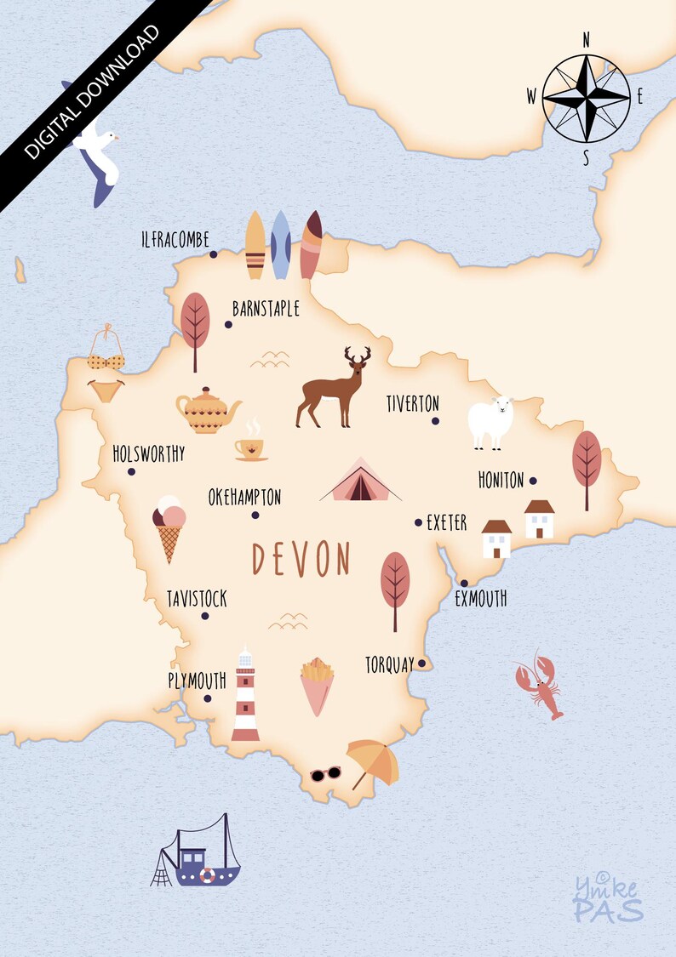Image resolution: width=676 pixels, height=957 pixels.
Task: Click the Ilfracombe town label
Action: click(x=175, y=241)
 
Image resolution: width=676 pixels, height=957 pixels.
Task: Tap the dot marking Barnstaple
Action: click(x=228, y=324)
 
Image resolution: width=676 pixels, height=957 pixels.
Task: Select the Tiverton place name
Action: click(x=412, y=403)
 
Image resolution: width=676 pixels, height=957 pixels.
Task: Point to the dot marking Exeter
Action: click(x=418, y=522)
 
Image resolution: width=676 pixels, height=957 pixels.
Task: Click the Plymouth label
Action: click(x=197, y=681)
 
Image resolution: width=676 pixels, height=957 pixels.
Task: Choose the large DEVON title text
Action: click(x=301, y=560)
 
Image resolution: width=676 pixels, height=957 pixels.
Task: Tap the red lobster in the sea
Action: click(x=540, y=686)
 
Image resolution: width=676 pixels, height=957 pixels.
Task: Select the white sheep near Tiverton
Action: click(x=491, y=421)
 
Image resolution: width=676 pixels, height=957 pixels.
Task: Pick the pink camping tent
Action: click(x=360, y=481)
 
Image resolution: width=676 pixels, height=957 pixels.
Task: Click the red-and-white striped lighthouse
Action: click(x=244, y=694)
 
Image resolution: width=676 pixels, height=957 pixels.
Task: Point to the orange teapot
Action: click(x=207, y=411)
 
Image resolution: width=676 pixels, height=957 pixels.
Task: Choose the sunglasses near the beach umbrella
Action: click(x=325, y=773)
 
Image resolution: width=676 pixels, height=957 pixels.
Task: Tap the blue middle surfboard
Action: click(x=280, y=245)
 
